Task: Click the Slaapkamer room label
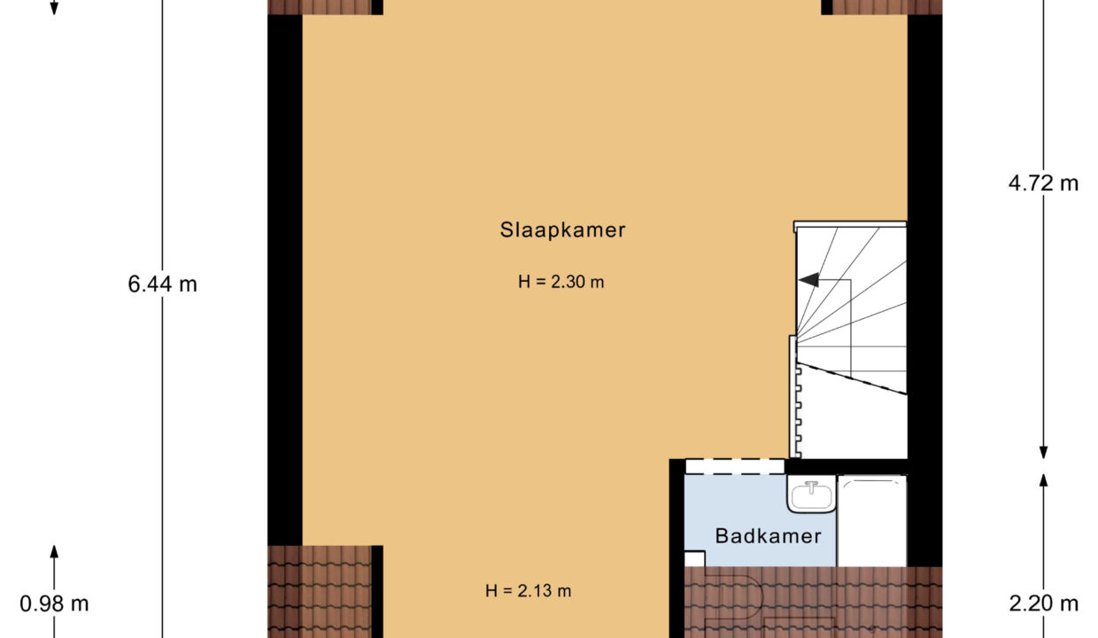pyautogui.click(x=562, y=230)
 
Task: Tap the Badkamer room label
pyautogui.click(x=768, y=536)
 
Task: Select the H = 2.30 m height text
pyautogui.click(x=561, y=282)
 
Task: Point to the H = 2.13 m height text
pyautogui.click(x=528, y=591)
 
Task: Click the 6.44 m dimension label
pyautogui.click(x=162, y=284)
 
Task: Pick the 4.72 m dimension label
pyautogui.click(x=1043, y=183)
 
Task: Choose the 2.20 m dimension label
pyautogui.click(x=1043, y=603)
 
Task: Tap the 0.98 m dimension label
pyautogui.click(x=54, y=603)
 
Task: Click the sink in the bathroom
pyautogui.click(x=811, y=494)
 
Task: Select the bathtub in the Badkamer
pyautogui.click(x=872, y=521)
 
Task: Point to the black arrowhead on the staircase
pyautogui.click(x=808, y=280)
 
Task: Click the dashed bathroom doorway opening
pyautogui.click(x=734, y=466)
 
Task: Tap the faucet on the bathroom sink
pyautogui.click(x=811, y=487)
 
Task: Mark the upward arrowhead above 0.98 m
pyautogui.click(x=54, y=552)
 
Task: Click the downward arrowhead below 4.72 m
pyautogui.click(x=1044, y=452)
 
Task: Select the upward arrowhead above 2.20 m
pyautogui.click(x=1044, y=480)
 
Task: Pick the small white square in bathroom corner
pyautogui.click(x=694, y=558)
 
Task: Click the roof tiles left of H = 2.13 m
pyautogui.click(x=320, y=592)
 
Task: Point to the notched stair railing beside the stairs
pyautogui.click(x=794, y=397)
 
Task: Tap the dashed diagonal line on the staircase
pyautogui.click(x=852, y=378)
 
